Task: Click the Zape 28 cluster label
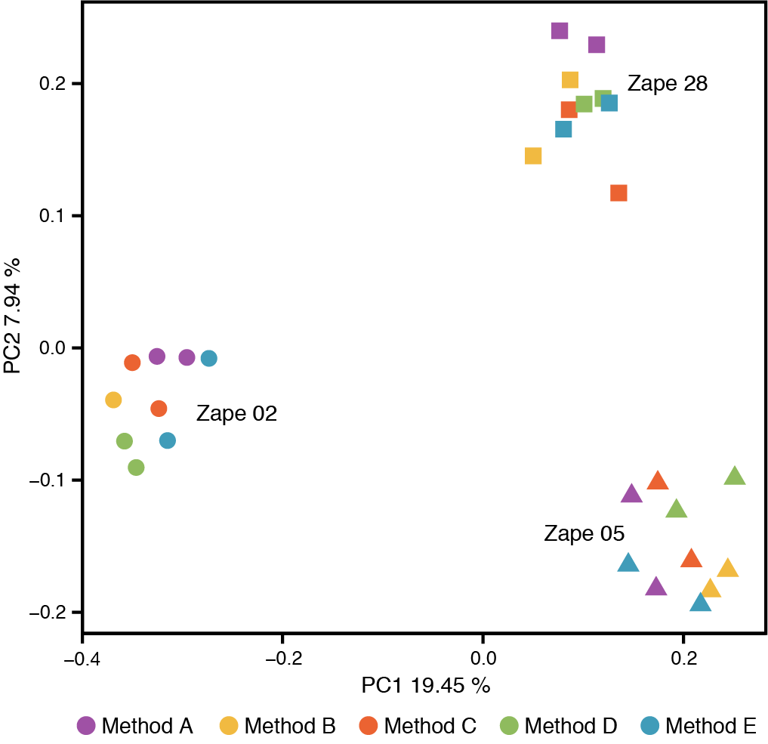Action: [x=668, y=84]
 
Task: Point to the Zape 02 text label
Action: [x=237, y=414]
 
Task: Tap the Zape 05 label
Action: [x=584, y=535]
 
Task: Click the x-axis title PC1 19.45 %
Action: [x=426, y=686]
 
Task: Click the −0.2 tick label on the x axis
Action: [x=282, y=658]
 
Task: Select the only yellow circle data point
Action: [x=113, y=400]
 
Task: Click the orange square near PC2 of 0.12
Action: [x=618, y=193]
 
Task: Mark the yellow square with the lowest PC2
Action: [x=533, y=156]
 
